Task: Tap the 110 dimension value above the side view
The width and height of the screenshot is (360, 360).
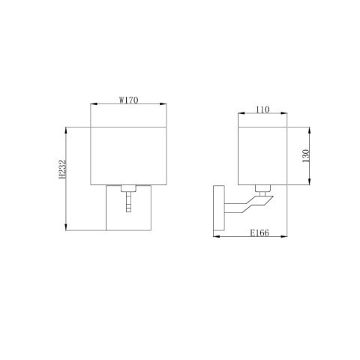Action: click(262, 109)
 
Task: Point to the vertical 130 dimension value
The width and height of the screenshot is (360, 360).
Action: click(306, 156)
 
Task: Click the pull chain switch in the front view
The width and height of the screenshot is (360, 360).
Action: click(128, 201)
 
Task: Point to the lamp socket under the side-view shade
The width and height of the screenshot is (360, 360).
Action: click(262, 189)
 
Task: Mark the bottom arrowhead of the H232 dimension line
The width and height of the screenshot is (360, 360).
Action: click(67, 228)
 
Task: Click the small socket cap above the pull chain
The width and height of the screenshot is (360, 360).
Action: click(128, 187)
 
